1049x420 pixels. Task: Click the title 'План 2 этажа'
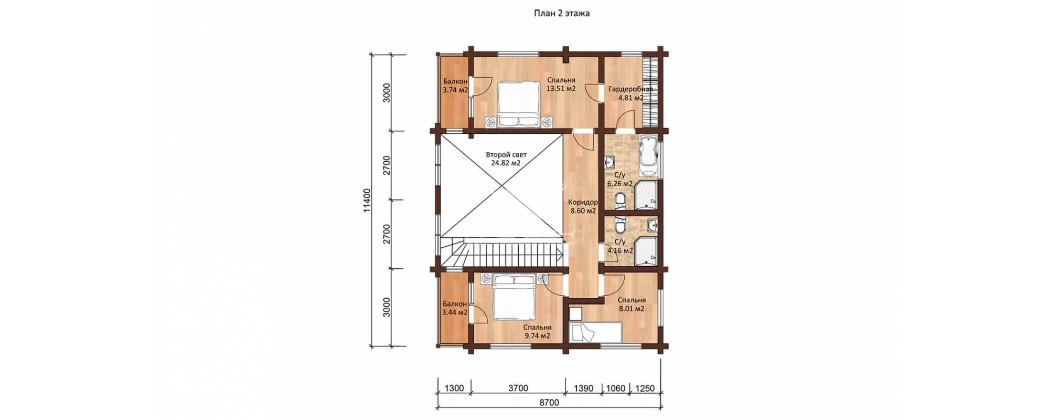561,14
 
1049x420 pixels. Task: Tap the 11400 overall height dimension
367,201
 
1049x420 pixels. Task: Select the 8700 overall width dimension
549,403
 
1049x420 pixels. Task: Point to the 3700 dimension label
518,388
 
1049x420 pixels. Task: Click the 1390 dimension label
583,388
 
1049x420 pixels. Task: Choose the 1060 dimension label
616,388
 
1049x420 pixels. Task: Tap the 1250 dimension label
645,388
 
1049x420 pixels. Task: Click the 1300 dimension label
454,388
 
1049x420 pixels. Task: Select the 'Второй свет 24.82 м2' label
506,159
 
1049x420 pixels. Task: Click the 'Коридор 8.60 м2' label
583,206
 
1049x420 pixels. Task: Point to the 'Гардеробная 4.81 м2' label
631,93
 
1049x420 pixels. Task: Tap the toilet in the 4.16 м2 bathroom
620,225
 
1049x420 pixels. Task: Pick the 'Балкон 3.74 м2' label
455,86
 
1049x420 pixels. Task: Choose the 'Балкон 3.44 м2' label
455,308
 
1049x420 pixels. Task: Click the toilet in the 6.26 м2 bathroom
620,200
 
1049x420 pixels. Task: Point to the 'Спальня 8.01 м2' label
631,304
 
